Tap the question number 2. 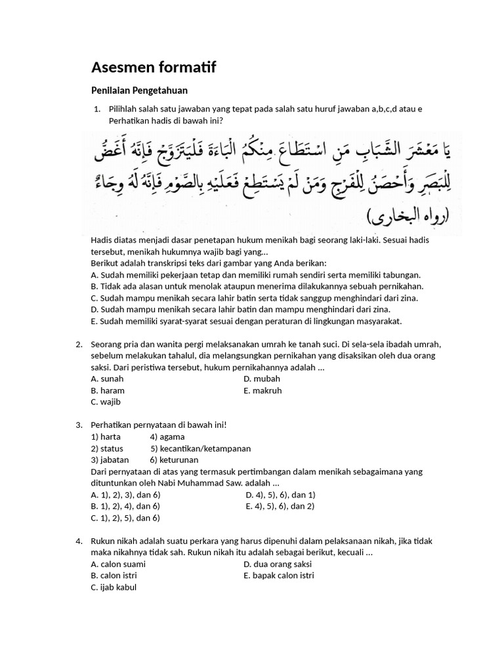tap(79, 345)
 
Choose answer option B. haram tap(108, 390)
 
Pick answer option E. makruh tap(262, 390)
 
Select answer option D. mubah tap(262, 379)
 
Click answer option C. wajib tap(106, 402)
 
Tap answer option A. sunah tap(107, 379)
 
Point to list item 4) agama tap(167, 436)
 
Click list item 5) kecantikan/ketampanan tap(200, 448)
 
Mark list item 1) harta tap(106, 436)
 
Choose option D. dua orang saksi tap(278, 564)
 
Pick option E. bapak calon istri tap(279, 576)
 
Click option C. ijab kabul tap(114, 587)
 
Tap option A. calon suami tap(118, 564)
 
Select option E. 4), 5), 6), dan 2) tap(280, 506)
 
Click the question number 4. tap(79, 541)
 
